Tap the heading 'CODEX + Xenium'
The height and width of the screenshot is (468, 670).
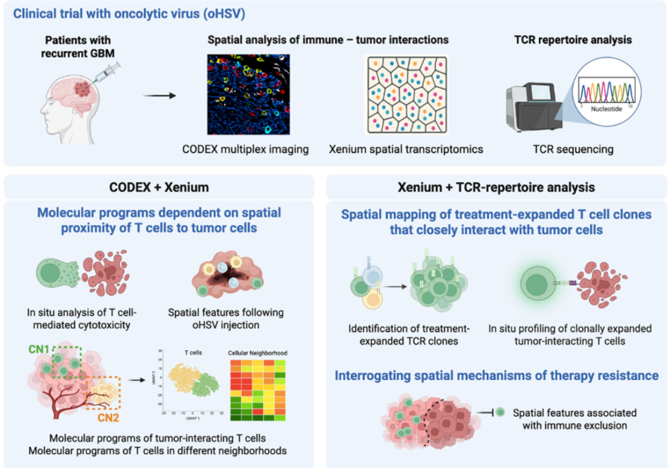tap(159, 187)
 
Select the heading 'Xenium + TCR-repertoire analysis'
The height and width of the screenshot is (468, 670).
tap(496, 187)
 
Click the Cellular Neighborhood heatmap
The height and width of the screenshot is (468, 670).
tap(256, 389)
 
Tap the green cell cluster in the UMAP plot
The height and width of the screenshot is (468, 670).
tap(203, 389)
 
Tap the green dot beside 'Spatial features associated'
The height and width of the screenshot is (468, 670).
tap(501, 413)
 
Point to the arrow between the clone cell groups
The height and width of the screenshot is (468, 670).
tap(393, 287)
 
